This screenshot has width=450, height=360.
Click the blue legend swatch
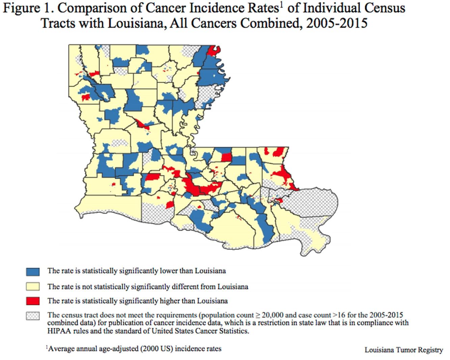tap(33, 272)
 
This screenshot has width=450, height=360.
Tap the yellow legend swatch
tap(33, 287)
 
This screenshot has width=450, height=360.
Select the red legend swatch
tap(33, 301)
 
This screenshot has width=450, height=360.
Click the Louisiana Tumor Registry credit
tap(403, 350)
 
